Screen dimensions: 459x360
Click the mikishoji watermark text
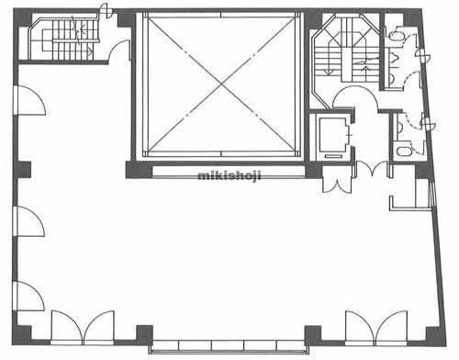coord(229,176)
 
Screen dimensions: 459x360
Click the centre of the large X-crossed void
coord(221,84)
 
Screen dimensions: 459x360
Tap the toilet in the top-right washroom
coord(397,36)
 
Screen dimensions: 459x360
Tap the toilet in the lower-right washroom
coord(403,152)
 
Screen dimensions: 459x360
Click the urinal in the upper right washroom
coord(395,56)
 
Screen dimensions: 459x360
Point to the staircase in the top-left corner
coord(65,39)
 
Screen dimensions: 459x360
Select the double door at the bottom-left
coord(83,327)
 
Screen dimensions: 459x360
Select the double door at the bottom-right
coord(376,327)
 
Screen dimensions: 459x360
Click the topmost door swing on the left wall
coord(30,100)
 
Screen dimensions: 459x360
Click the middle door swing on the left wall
coord(29,221)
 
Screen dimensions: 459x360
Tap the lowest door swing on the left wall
coord(29,296)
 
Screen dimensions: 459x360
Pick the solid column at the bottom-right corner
coord(435,336)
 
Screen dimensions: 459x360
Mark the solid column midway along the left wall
coord(22,170)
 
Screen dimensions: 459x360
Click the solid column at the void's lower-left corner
coord(139,170)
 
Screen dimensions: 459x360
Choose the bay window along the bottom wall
coord(229,346)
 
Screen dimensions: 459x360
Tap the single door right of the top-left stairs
coord(120,51)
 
